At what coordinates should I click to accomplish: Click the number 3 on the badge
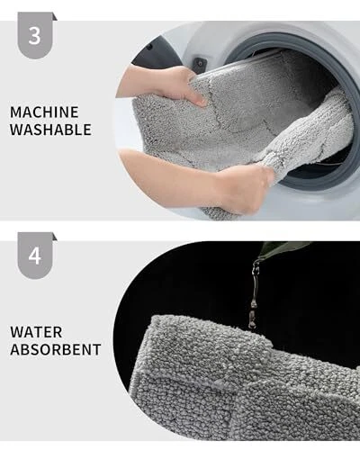pos(34,36)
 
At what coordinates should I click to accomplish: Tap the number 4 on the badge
pos(34,256)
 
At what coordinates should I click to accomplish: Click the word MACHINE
pos(44,112)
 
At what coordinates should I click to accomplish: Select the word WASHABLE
pos(50,130)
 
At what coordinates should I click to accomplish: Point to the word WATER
pos(36,332)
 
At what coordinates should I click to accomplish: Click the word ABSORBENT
pos(56,349)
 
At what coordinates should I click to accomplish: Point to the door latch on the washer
pos(200,64)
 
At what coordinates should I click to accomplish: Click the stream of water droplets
pos(254,295)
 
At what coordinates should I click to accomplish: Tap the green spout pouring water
pos(282,249)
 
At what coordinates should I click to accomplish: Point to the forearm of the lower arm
pos(168,173)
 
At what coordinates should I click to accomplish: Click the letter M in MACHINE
pos(16,112)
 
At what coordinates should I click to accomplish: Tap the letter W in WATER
pos(17,332)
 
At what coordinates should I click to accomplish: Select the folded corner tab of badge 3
pos(55,16)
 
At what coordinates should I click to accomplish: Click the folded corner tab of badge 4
pos(55,237)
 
